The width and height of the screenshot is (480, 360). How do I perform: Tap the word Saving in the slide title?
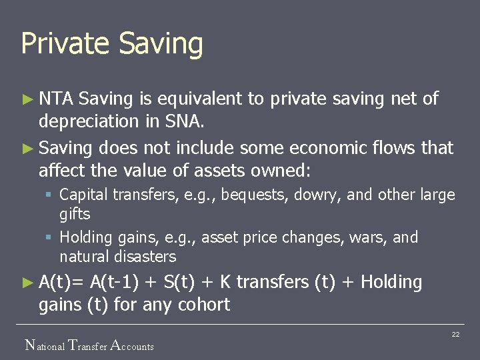tap(161, 44)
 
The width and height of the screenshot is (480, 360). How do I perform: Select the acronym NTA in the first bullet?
tap(56, 99)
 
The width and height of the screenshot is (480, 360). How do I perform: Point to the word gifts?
tap(75, 214)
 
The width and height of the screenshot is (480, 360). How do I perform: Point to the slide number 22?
tap(455, 334)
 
